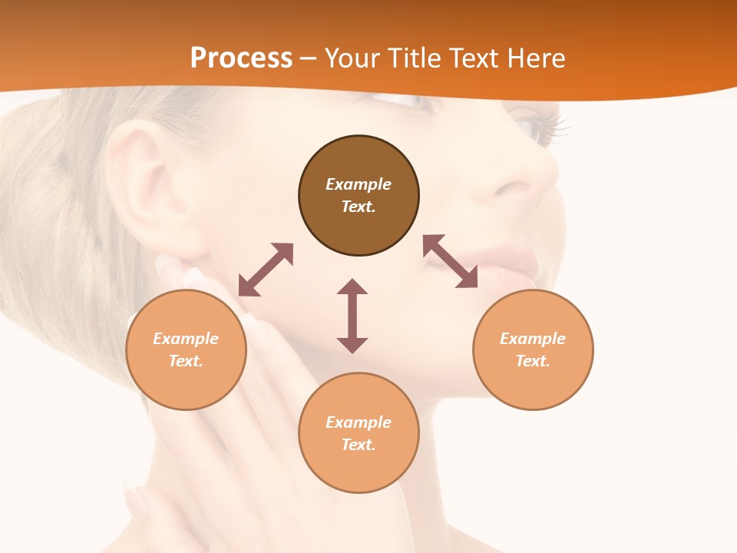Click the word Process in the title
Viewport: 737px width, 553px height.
[x=241, y=58]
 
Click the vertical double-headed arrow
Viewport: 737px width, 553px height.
[x=352, y=316]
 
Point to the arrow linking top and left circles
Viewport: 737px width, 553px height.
[x=266, y=270]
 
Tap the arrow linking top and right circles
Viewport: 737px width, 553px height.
[x=450, y=261]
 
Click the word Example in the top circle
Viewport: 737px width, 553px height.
[x=359, y=184]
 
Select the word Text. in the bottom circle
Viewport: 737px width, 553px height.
[x=359, y=445]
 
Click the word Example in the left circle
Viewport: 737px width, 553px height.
[x=186, y=339]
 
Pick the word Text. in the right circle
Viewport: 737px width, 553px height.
[x=533, y=361]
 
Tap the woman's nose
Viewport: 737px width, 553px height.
[x=522, y=177]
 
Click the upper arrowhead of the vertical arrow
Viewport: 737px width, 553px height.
[x=352, y=287]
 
